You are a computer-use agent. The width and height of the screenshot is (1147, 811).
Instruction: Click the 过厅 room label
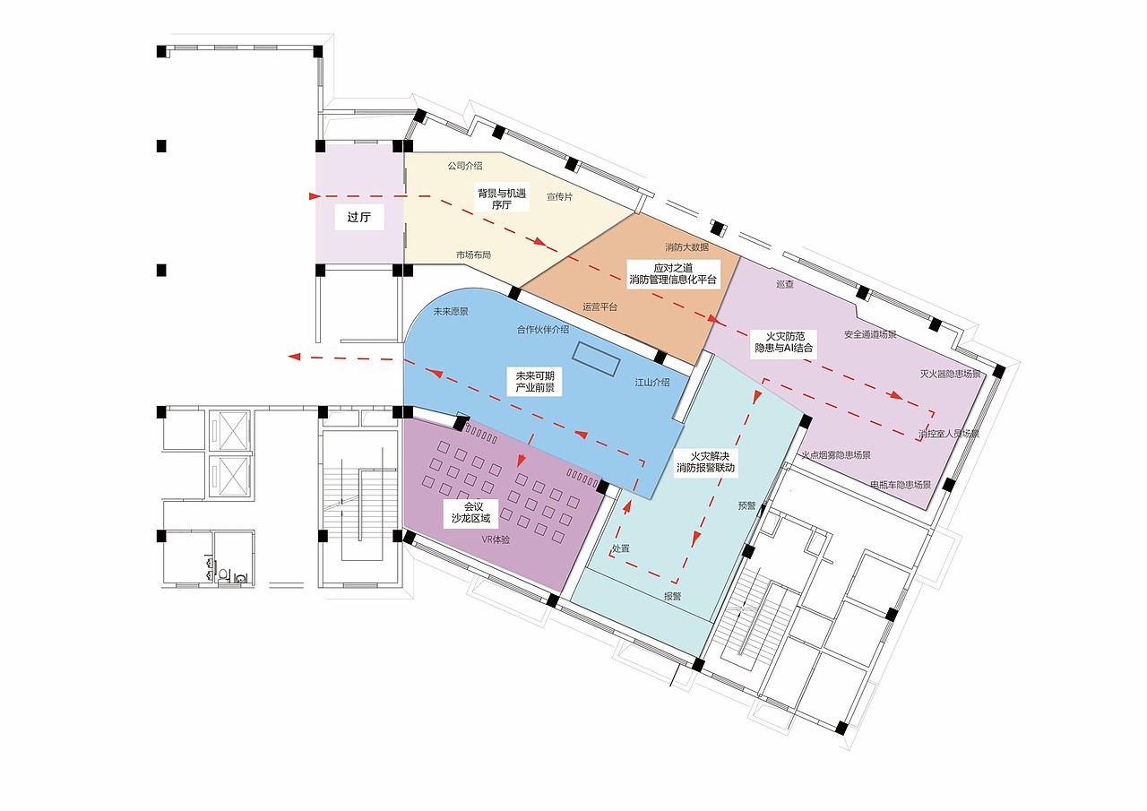359,217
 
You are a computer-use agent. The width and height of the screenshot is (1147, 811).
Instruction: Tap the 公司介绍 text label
465,166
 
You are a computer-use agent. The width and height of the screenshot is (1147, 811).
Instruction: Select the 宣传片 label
560,196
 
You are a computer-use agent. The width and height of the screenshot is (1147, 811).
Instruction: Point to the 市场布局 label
474,255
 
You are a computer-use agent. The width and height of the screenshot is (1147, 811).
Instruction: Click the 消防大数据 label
686,247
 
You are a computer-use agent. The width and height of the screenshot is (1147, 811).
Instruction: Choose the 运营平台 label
600,306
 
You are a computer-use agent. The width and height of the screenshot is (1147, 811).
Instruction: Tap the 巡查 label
785,284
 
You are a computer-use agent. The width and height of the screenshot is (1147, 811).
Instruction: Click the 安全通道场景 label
870,335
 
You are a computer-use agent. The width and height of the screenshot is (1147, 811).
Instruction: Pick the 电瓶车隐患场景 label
901,484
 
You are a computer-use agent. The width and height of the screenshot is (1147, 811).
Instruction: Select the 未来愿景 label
451,311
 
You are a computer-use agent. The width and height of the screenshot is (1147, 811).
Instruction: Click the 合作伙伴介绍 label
543,330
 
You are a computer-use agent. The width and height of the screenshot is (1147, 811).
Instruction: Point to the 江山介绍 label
652,383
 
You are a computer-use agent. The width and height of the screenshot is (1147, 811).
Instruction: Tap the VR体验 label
496,539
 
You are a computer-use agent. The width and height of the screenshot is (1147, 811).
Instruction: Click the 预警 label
747,505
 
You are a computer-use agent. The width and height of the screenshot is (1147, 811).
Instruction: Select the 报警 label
673,597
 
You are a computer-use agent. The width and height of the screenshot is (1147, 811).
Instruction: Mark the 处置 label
621,548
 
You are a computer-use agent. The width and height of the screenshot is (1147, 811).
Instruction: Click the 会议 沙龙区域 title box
471,513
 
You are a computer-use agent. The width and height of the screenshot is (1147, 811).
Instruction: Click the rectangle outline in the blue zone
597,359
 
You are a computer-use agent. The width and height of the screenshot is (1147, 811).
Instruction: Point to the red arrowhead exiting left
293,357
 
